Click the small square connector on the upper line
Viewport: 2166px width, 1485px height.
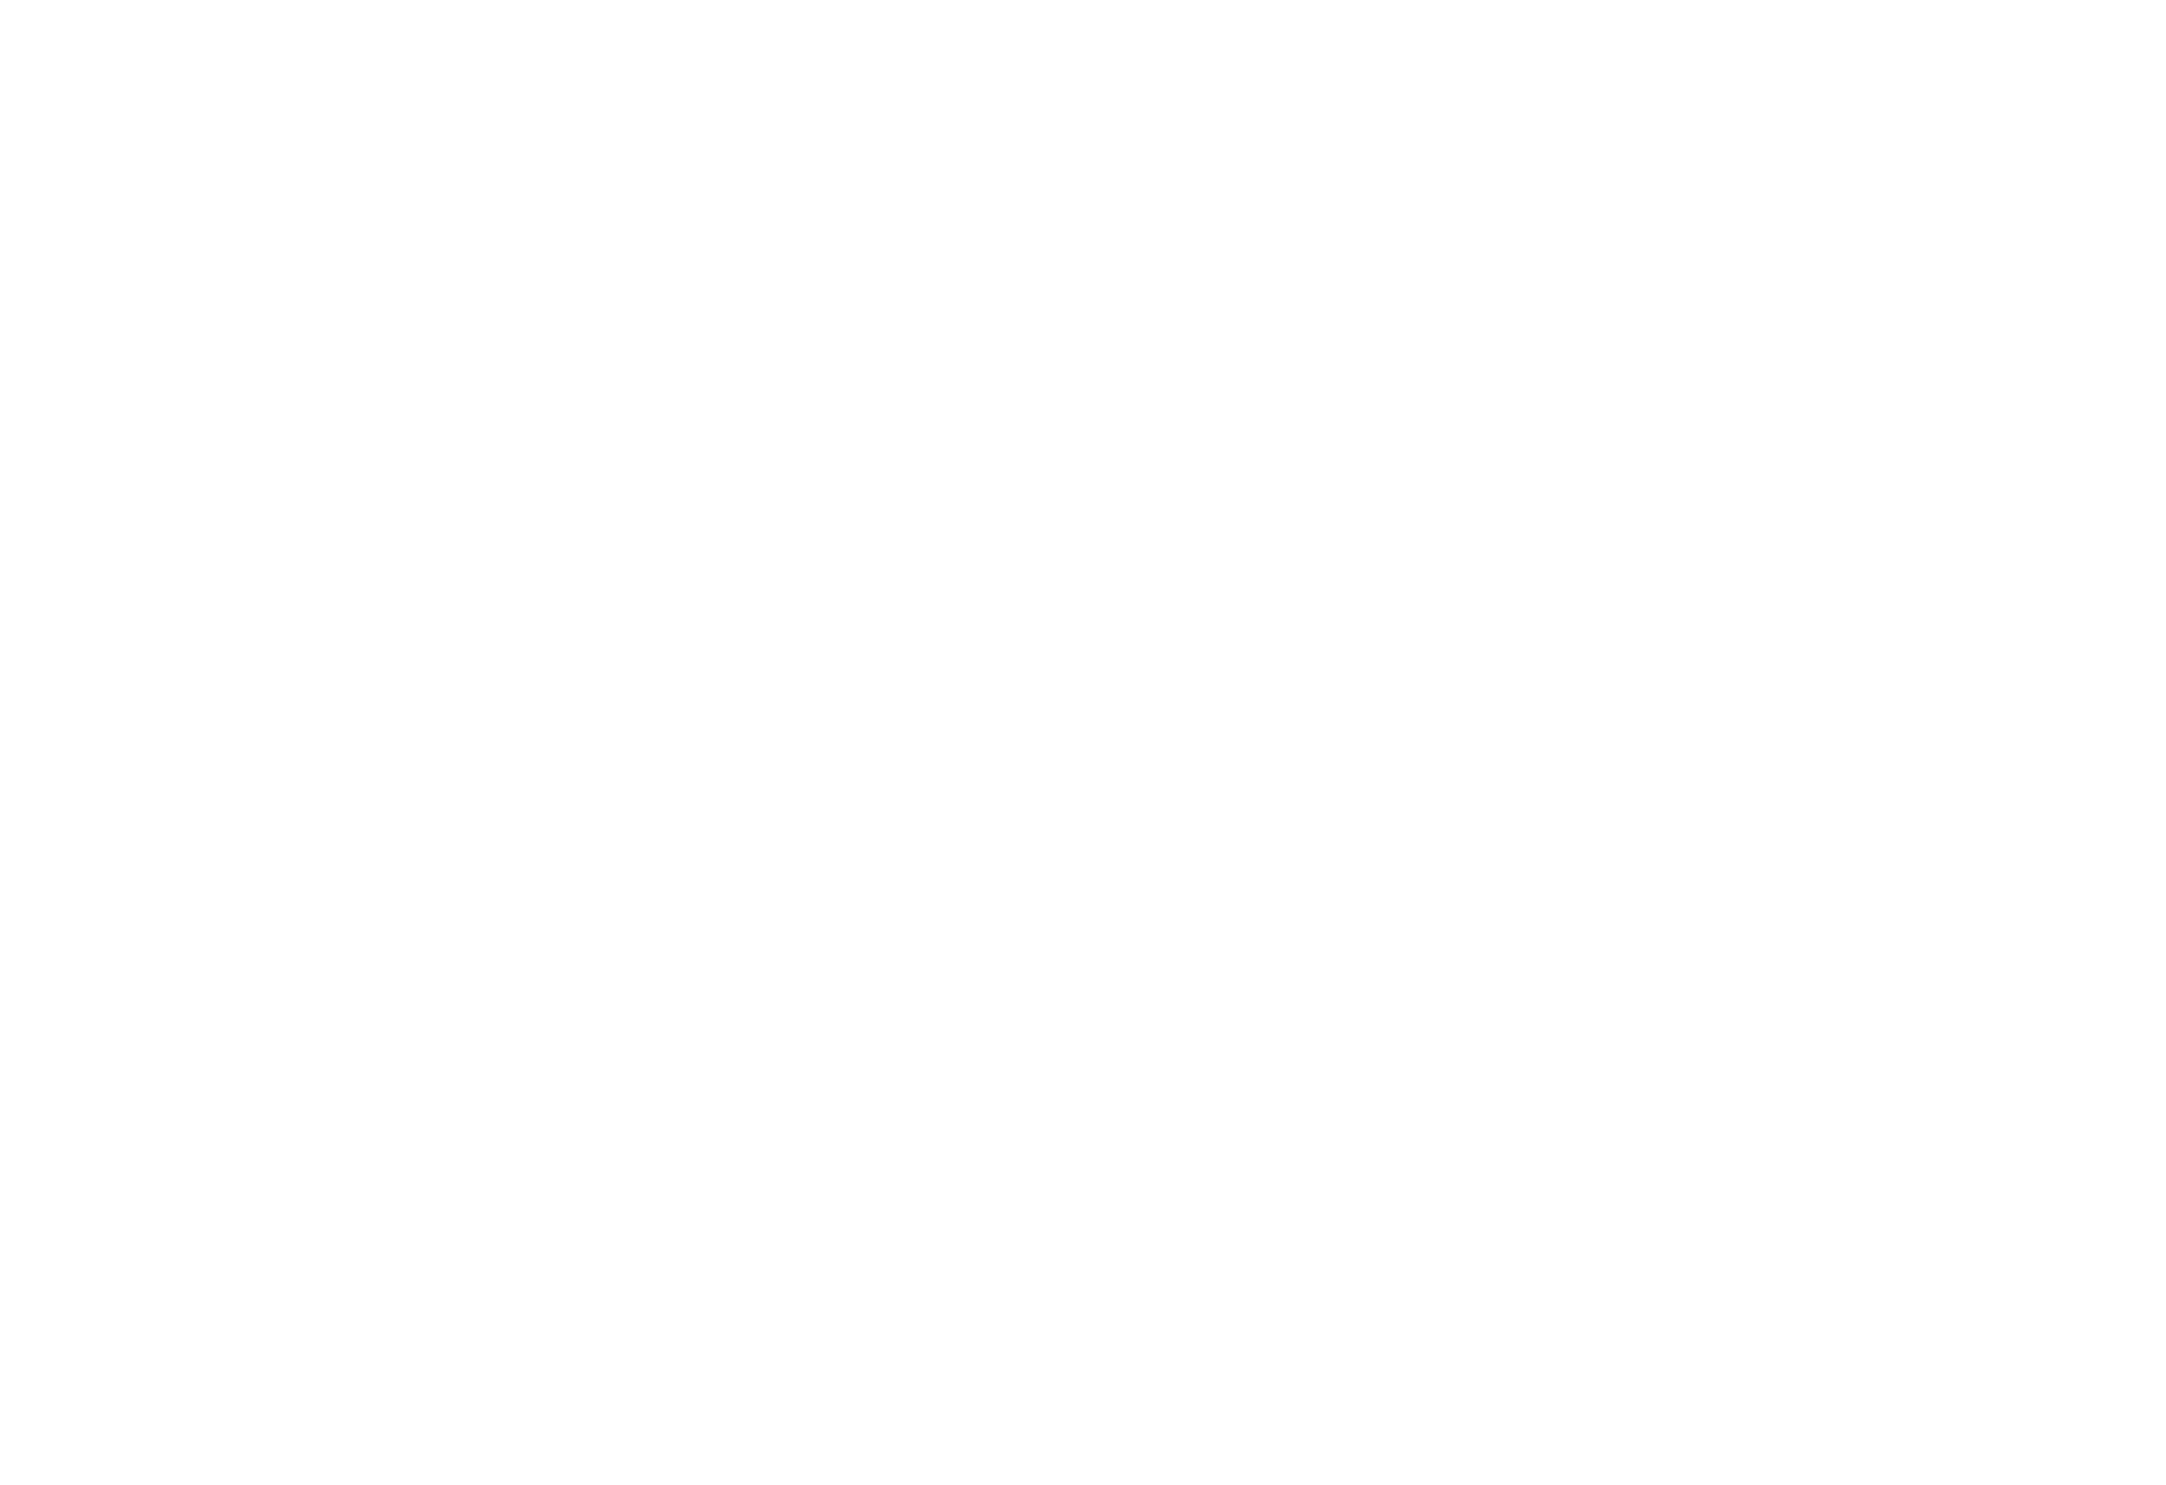point(528,171)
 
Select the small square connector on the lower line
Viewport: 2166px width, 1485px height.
point(528,632)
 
